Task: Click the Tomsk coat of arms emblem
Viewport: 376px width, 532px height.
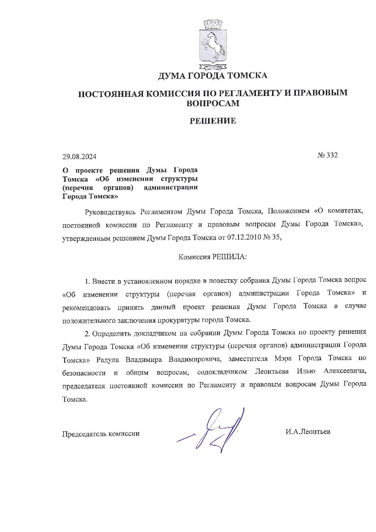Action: pyautogui.click(x=213, y=44)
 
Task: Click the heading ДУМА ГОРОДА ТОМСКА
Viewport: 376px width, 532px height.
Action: pyautogui.click(x=213, y=76)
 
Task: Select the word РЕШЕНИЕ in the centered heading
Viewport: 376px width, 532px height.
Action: pyautogui.click(x=213, y=121)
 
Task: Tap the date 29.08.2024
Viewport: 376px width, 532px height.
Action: pyautogui.click(x=79, y=157)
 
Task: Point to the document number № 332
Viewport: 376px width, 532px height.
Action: pyautogui.click(x=327, y=155)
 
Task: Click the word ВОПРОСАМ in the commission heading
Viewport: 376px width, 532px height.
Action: pyautogui.click(x=213, y=103)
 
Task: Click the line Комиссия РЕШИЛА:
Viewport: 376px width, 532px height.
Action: pyautogui.click(x=213, y=257)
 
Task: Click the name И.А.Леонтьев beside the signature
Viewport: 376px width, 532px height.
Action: pyautogui.click(x=308, y=432)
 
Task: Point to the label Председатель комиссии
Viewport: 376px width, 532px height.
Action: pyautogui.click(x=101, y=434)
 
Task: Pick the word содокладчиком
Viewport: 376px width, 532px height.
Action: pyautogui.click(x=222, y=372)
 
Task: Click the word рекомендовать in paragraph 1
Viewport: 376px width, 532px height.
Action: pyautogui.click(x=86, y=307)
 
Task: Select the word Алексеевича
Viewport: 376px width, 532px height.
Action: pyautogui.click(x=345, y=371)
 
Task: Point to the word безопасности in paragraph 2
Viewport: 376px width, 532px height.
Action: pyautogui.click(x=84, y=373)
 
